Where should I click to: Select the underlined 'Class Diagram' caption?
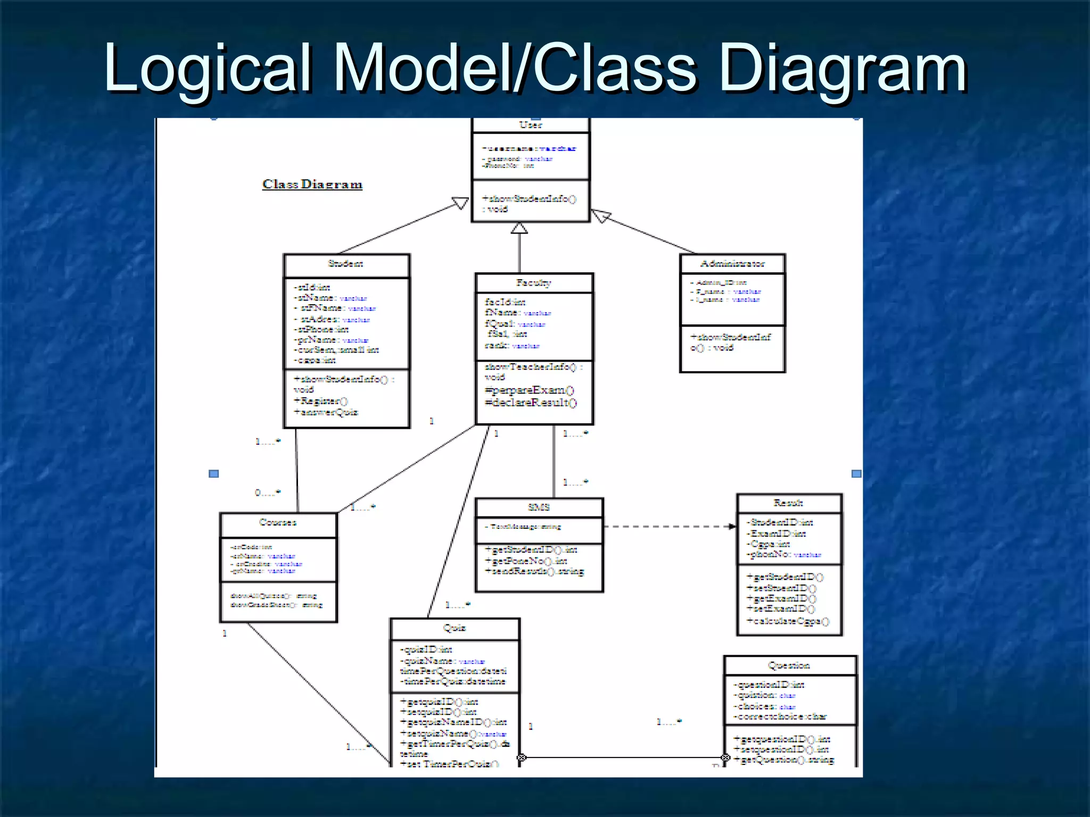(x=312, y=184)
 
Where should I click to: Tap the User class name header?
(x=531, y=125)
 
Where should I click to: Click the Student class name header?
(x=346, y=264)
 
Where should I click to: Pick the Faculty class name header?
(x=533, y=283)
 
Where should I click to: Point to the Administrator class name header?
(x=732, y=264)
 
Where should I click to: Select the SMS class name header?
(x=539, y=507)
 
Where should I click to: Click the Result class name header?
(x=788, y=503)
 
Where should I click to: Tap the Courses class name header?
(x=278, y=522)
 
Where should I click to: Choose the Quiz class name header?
(x=455, y=628)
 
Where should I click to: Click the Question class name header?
(x=789, y=665)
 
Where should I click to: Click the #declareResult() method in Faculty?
(x=531, y=403)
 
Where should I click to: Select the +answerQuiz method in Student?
(x=326, y=412)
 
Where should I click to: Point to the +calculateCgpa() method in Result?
(x=788, y=621)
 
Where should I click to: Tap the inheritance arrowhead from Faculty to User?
(x=519, y=228)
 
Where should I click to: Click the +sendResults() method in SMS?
(x=535, y=571)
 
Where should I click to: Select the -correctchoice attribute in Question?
(x=780, y=716)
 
